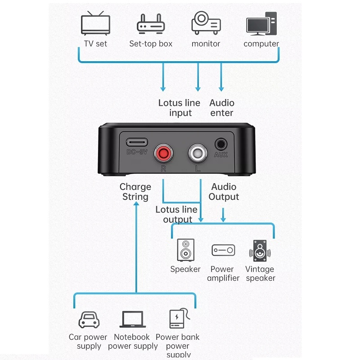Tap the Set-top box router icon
[150, 25]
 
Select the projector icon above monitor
[206, 23]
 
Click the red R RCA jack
[163, 155]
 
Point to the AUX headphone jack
[220, 144]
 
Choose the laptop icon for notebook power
[132, 319]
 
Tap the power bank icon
[177, 319]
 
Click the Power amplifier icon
[223, 250]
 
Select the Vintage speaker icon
[260, 251]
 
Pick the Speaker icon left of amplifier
[185, 250]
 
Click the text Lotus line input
[179, 108]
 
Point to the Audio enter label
[222, 108]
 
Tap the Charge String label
[135, 192]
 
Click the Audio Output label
[224, 192]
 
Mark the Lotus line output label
[176, 215]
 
